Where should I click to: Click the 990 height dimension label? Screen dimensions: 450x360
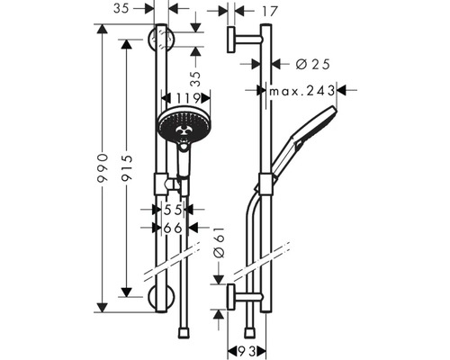tap(103, 168)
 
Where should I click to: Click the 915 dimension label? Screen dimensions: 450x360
tap(126, 168)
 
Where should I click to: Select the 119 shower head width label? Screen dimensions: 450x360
tap(188, 98)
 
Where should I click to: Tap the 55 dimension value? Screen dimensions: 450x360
tap(173, 210)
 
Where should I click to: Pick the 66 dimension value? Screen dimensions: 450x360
tap(173, 229)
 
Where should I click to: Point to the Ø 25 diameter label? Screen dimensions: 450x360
tap(312, 64)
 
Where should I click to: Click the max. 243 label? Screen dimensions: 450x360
tap(302, 91)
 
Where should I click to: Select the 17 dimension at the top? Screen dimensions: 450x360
tap(270, 12)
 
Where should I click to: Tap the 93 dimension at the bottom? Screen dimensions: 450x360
tap(247, 351)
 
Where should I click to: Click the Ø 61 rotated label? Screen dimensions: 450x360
tap(219, 242)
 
